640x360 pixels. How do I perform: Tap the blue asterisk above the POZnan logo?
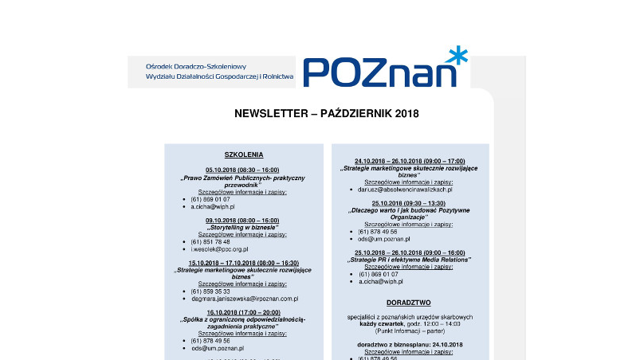tap(457, 55)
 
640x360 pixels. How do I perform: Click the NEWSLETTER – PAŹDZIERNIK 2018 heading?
tap(326, 114)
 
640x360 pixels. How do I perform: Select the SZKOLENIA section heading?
tap(244, 155)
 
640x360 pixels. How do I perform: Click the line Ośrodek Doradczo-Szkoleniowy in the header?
tap(196, 66)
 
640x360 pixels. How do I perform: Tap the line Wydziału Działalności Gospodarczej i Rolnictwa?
tap(220, 77)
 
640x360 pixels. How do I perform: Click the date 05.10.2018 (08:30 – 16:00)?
tap(242, 170)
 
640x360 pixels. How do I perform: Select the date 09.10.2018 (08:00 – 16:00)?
tap(242, 220)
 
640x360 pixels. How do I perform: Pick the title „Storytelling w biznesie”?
tap(242, 227)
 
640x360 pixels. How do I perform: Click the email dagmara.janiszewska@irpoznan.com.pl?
tap(244, 299)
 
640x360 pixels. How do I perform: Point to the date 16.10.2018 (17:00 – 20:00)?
tap(242, 312)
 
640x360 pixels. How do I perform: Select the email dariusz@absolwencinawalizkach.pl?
tap(406, 190)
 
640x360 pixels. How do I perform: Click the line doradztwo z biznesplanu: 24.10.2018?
tap(409, 344)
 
